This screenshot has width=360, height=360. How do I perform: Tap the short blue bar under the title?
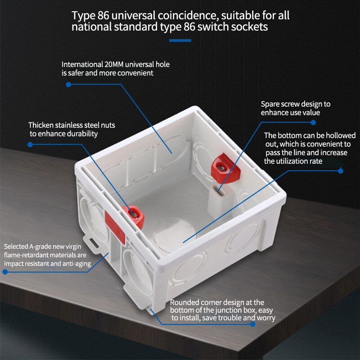(180, 40)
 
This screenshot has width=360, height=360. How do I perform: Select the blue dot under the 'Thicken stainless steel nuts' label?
(30, 144)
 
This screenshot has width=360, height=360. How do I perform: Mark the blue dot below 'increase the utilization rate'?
(340, 171)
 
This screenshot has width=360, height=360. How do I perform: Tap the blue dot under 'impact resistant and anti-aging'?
(5, 272)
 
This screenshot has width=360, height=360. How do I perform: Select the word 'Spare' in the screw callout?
(271, 104)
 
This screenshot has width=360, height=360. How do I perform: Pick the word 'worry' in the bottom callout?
(265, 318)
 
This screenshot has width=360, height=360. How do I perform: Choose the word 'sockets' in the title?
(251, 27)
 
